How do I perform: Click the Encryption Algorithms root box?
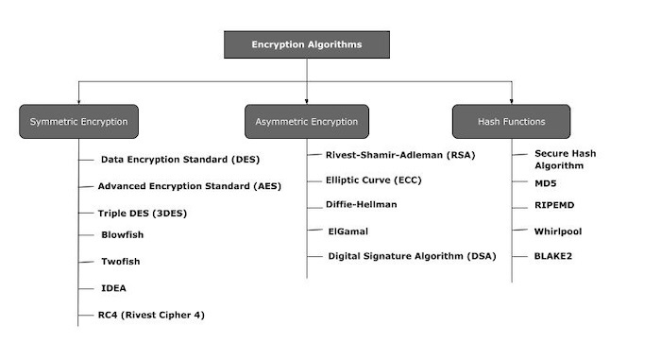306,44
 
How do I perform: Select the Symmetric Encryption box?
78,122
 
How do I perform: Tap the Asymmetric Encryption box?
307,122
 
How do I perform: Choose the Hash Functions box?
511,122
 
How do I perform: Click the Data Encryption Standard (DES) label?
179,160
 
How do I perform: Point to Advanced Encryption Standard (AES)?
189,186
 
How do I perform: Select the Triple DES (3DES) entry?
143,213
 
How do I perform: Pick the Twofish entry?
122,261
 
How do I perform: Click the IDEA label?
113,287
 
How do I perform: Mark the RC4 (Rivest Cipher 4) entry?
152,315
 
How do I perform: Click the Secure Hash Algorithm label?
565,159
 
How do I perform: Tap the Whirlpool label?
559,230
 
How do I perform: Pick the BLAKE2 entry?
554,255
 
